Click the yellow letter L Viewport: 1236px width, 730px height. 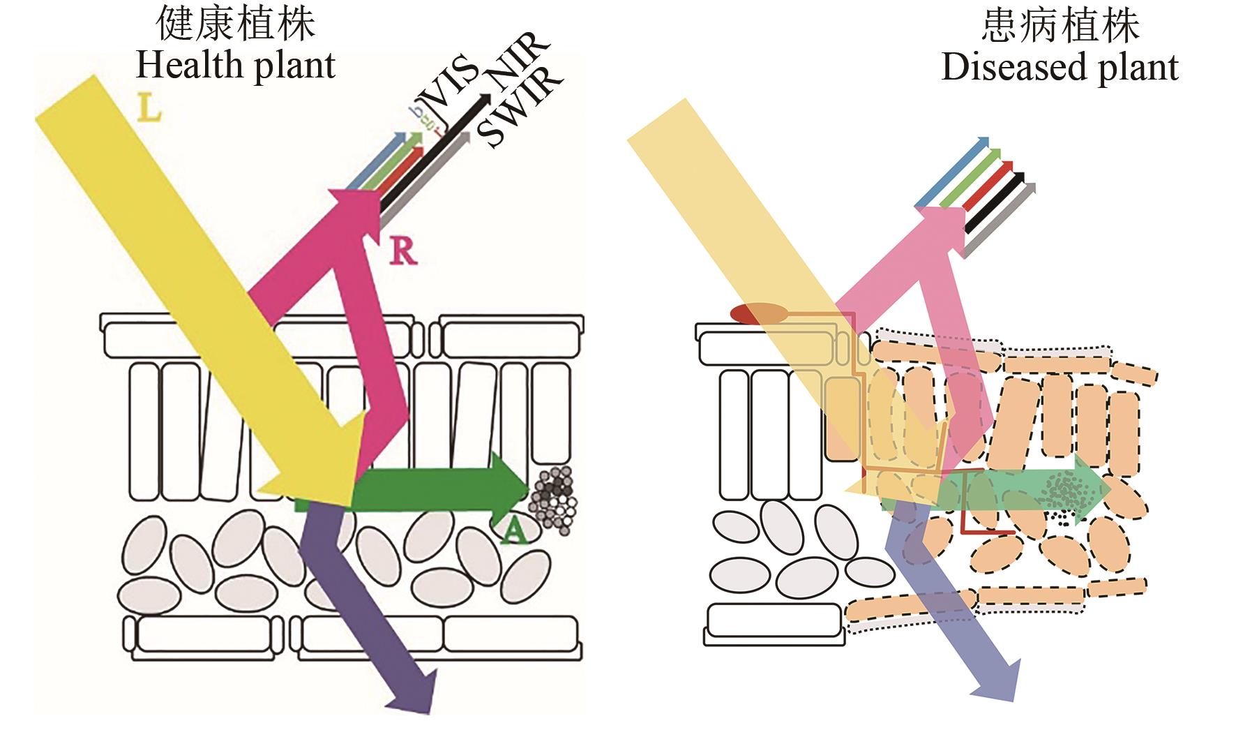coord(149,109)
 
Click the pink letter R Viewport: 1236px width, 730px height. coord(402,252)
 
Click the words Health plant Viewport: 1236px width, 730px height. coord(236,66)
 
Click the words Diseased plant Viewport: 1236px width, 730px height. coord(1060,68)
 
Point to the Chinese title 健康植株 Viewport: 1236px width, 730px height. coord(236,25)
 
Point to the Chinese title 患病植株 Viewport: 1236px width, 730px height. coord(1060,27)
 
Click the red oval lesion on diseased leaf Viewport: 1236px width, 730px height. coord(759,313)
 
